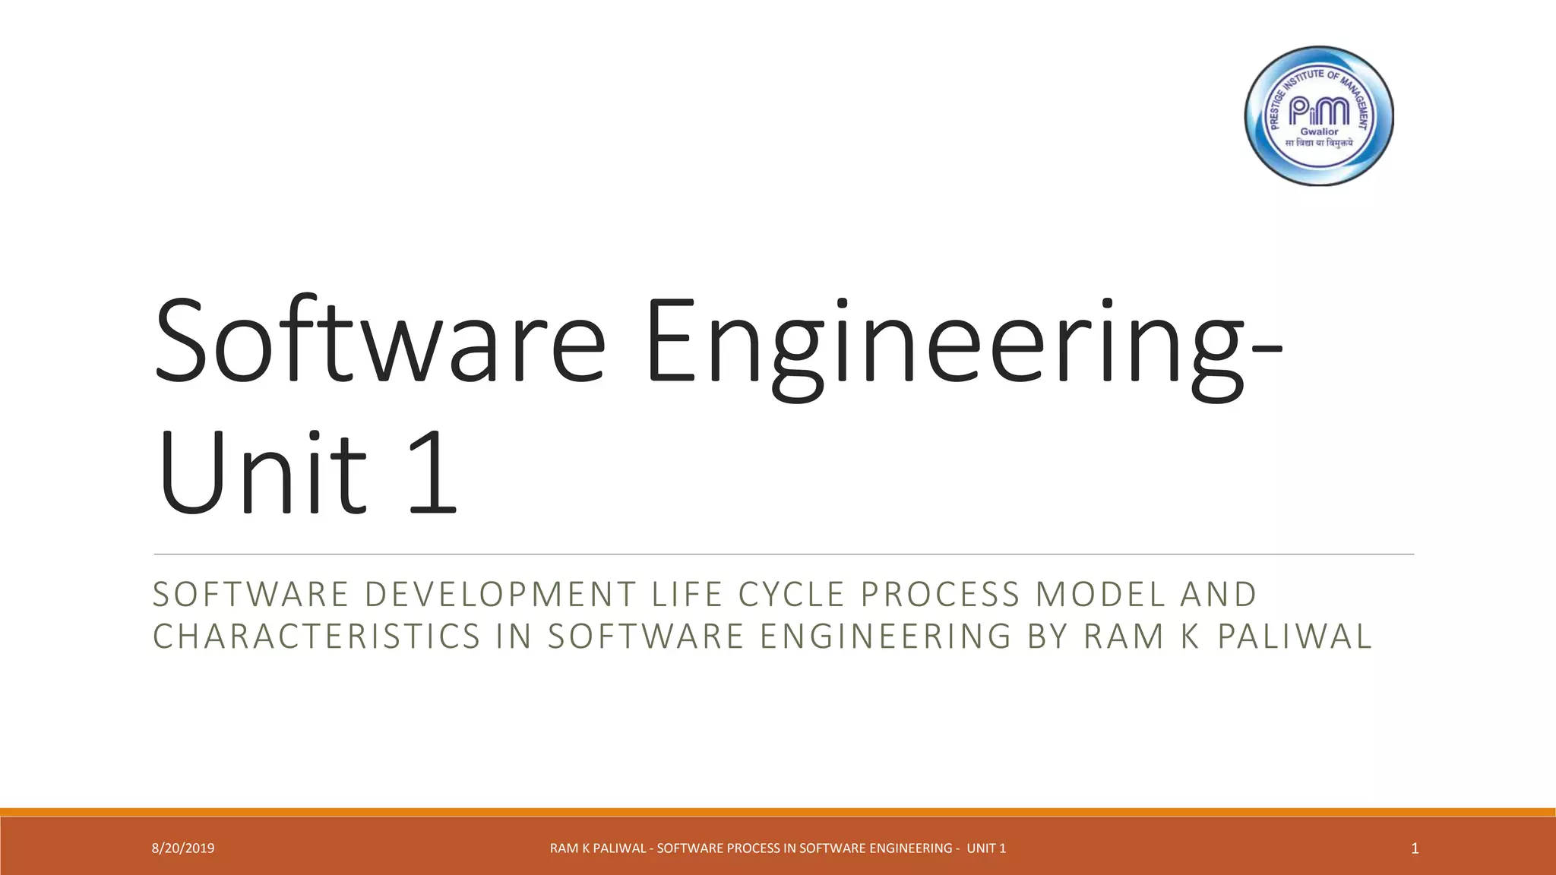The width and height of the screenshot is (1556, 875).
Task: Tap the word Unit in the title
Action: tap(262, 472)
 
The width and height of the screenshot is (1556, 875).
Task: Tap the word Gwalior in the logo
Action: tap(1320, 131)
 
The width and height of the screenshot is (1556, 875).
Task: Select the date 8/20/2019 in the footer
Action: tap(183, 848)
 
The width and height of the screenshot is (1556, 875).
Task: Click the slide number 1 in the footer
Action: tap(1415, 848)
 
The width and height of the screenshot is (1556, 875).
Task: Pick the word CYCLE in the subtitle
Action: tap(792, 595)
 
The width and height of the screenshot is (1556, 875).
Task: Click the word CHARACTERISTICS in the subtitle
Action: tap(317, 637)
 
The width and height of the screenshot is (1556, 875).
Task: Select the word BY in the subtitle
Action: tap(1048, 637)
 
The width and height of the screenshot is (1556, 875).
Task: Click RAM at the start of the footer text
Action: tap(563, 848)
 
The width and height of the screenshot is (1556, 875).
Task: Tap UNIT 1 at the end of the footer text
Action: tap(986, 848)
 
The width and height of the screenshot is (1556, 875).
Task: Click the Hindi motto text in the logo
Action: tap(1319, 143)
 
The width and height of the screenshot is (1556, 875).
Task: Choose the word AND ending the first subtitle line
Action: tap(1219, 595)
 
